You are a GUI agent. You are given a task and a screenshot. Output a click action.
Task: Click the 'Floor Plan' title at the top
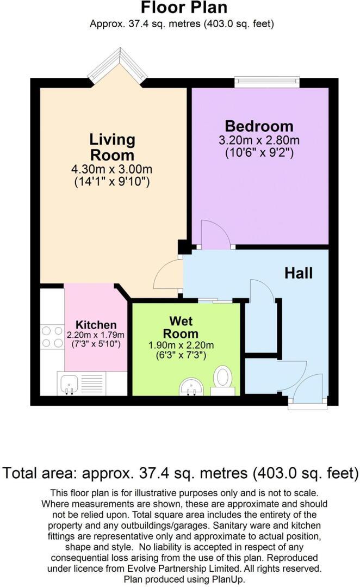pos(184,8)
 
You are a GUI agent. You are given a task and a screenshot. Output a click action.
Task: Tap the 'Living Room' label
pos(113,147)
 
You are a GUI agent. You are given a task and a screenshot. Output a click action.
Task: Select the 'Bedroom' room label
pos(259,126)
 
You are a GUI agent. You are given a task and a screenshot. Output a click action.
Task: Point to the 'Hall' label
pos(299,273)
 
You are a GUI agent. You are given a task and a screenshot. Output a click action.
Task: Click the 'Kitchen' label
pos(96,325)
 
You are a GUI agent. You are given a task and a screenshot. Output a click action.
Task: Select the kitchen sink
pos(69,384)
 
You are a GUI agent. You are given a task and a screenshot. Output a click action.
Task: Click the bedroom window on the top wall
pos(266,82)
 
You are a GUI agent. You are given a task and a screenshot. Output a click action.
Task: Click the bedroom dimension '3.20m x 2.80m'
pos(259,140)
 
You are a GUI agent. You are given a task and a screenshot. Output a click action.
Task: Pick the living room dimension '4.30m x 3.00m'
pos(112,169)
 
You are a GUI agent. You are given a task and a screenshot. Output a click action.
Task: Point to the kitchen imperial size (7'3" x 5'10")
pos(96,344)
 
